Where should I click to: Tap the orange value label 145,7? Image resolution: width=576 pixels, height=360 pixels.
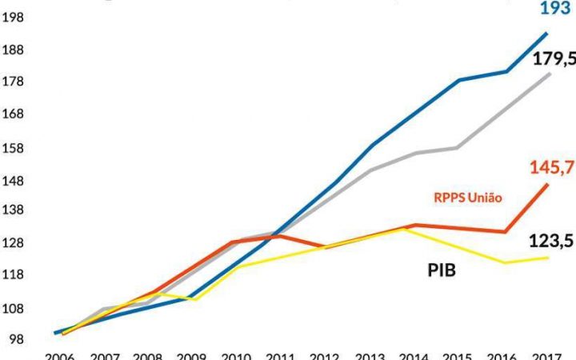point(552,168)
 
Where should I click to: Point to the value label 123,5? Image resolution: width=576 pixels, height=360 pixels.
point(552,241)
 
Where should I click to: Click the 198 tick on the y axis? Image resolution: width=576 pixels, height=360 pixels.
point(15,15)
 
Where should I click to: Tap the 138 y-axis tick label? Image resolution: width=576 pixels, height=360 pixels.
point(15,211)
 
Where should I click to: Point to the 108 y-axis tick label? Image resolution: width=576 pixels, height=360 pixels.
point(15,309)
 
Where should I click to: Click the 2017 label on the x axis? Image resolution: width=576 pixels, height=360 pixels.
point(546,354)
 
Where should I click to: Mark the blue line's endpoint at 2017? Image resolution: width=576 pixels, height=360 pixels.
point(548,33)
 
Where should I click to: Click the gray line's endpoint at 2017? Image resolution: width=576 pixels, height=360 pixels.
point(549,74)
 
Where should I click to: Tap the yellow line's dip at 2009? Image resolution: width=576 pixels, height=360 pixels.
point(194,299)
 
